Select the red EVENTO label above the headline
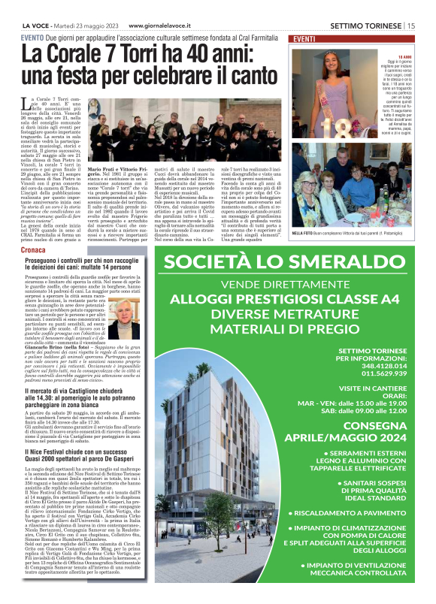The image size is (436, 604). coord(32,38)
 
